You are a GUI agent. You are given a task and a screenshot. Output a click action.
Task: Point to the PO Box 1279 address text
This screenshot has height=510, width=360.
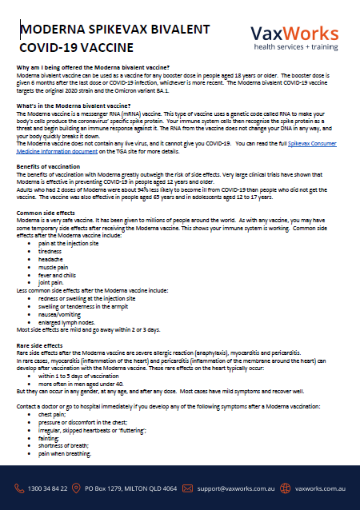[131, 487]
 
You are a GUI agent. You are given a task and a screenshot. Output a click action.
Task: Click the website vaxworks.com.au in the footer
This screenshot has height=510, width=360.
[320, 487]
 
